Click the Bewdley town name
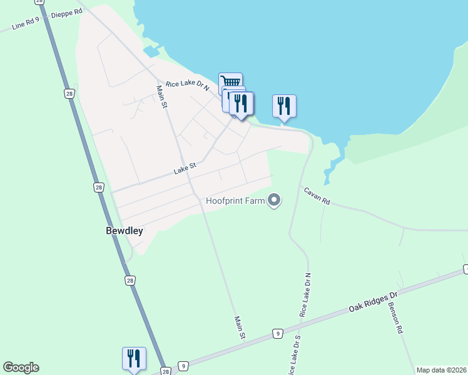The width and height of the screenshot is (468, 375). [124, 231]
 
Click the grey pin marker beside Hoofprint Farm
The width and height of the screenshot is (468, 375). [274, 200]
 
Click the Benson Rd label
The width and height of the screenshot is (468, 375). [395, 319]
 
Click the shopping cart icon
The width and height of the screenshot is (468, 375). [230, 82]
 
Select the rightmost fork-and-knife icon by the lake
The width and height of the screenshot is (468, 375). [284, 105]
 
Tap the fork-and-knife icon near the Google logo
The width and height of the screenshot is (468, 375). [134, 358]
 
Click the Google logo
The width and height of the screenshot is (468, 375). [21, 367]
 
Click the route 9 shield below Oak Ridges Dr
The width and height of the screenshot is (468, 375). [277, 334]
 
